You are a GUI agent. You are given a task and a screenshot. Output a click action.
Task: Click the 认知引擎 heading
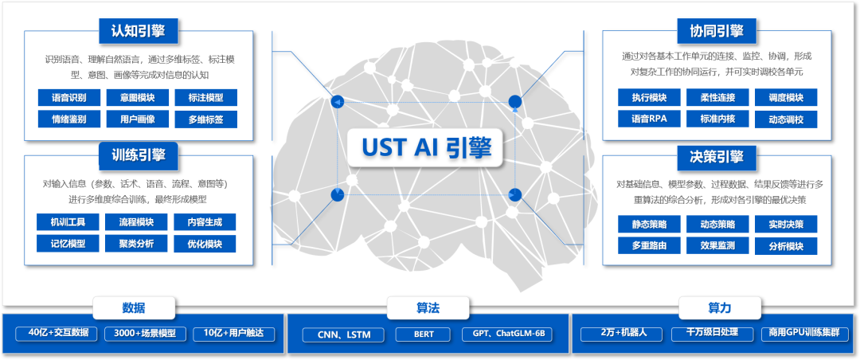[139, 32]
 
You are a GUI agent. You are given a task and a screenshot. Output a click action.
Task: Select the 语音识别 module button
[69, 98]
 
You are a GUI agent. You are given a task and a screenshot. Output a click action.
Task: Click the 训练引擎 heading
[139, 155]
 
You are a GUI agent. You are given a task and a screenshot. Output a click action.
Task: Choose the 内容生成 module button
[205, 222]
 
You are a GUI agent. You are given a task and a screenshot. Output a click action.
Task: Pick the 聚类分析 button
[137, 244]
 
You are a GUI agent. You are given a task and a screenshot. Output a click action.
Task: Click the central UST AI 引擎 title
[427, 147]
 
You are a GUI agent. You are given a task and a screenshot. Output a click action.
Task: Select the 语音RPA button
[649, 119]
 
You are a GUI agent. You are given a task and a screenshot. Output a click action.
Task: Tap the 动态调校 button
[786, 119]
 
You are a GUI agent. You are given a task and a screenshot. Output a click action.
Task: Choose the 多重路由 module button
[649, 246]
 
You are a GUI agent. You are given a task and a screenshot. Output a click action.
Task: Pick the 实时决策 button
[786, 225]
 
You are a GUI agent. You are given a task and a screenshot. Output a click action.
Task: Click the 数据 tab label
[134, 308]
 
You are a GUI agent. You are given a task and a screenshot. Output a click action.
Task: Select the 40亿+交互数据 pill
[57, 334]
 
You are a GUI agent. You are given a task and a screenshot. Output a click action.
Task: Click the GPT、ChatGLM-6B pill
[506, 335]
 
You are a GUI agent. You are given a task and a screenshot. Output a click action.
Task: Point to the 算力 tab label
[719, 308]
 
